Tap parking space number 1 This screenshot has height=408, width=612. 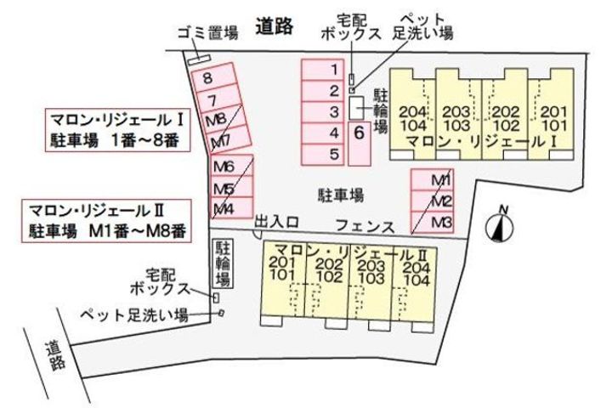pos(335,70)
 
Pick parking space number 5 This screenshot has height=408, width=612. pos(335,154)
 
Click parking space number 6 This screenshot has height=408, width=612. pos(360,132)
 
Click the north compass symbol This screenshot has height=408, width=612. pos(501,225)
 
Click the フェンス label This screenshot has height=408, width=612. pos(364,227)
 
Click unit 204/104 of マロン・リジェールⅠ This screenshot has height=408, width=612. pos(412,118)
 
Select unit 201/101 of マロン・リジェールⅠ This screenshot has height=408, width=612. pos(552,118)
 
